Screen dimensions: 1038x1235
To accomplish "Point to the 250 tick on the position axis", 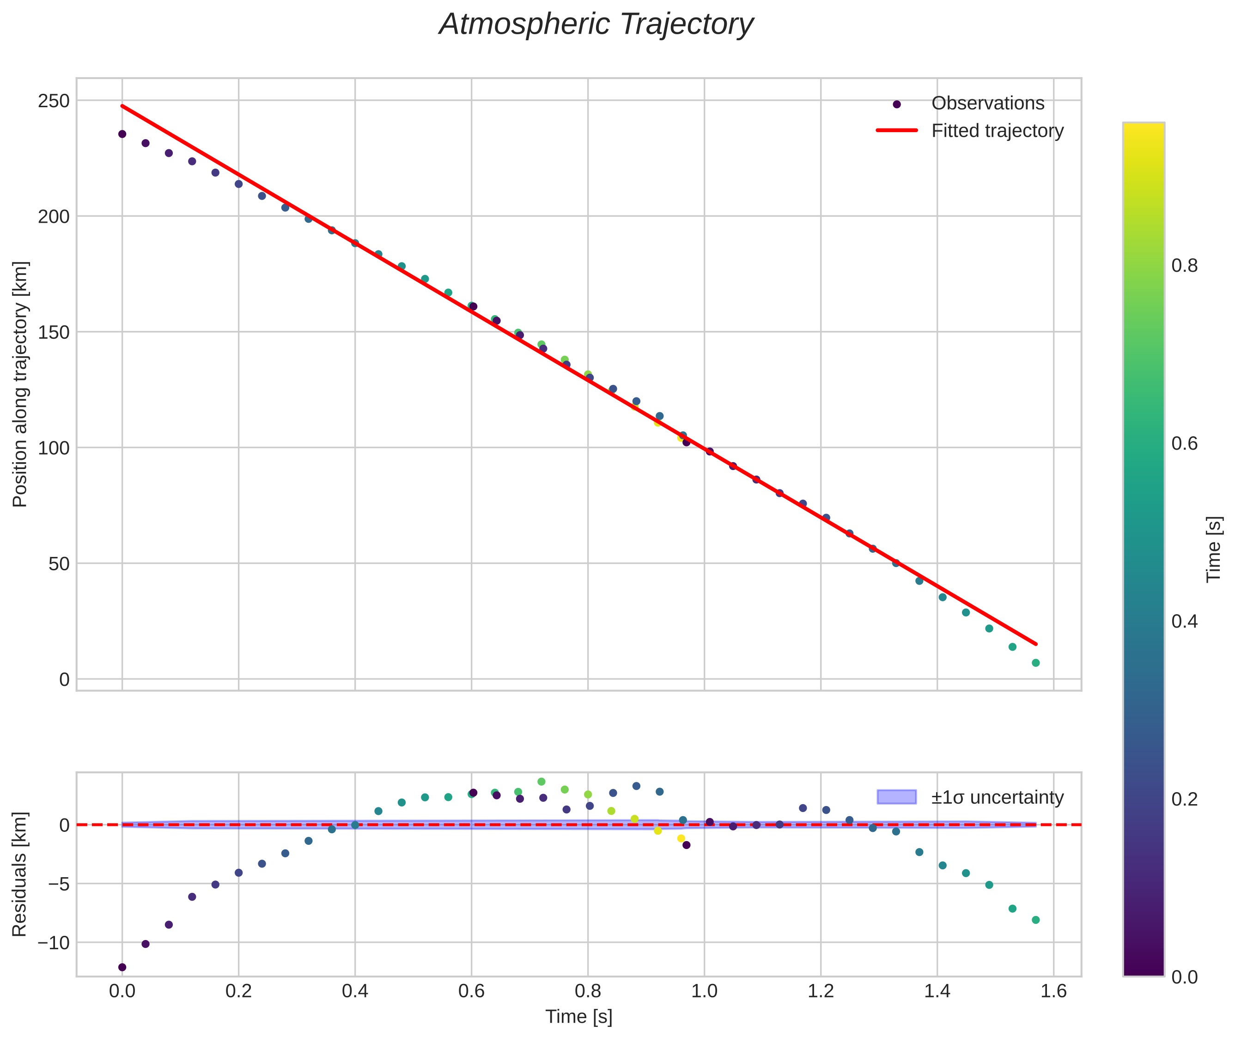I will click(54, 101).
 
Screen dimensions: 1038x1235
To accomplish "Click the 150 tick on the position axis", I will click(54, 332).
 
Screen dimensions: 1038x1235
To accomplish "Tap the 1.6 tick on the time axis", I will click(1053, 991).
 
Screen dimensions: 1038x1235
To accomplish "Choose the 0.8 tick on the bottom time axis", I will click(587, 991).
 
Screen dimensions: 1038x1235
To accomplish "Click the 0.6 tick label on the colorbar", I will click(1184, 444).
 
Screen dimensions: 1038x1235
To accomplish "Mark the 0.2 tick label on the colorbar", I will click(1184, 799).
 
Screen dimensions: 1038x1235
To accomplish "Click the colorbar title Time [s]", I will click(1213, 550).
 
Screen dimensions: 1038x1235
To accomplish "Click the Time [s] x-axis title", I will click(578, 1017).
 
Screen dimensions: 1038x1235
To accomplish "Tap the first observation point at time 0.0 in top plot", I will click(122, 134).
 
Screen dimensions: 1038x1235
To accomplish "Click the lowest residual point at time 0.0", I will click(122, 967).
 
